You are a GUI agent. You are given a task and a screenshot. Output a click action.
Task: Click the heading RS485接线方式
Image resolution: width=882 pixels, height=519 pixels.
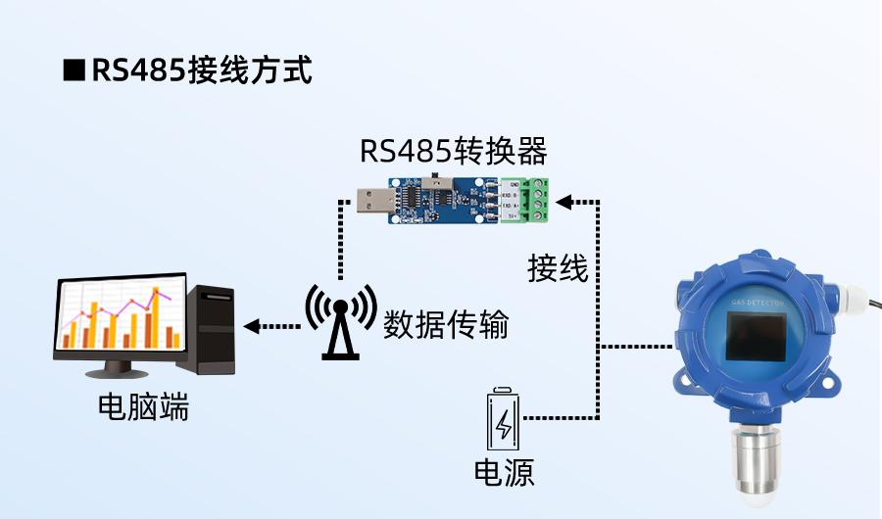pyautogui.click(x=201, y=71)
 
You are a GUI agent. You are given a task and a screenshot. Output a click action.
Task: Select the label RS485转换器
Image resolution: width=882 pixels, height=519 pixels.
pyautogui.click(x=452, y=152)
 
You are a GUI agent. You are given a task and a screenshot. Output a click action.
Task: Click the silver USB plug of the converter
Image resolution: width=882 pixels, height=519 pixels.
pyautogui.click(x=373, y=202)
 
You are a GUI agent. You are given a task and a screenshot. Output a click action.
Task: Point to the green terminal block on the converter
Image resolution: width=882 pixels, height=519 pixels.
pyautogui.click(x=529, y=202)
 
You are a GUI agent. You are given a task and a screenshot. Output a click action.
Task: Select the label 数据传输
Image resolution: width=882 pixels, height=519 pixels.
pyautogui.click(x=447, y=323)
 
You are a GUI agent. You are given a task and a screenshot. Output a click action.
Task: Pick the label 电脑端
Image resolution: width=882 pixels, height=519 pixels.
pyautogui.click(x=143, y=406)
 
